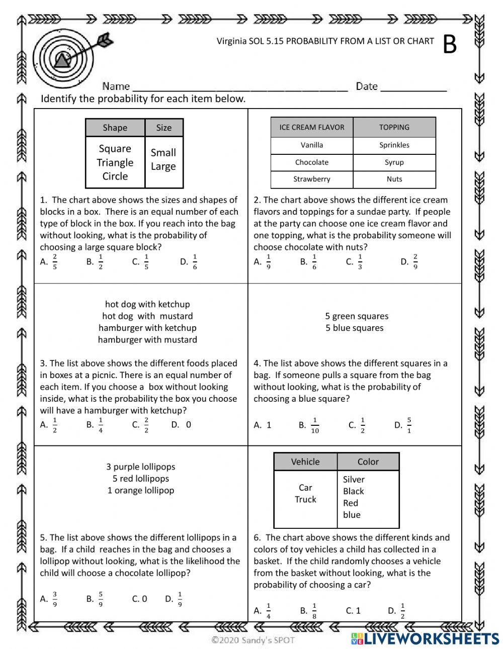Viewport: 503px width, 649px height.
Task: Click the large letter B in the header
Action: coord(450,45)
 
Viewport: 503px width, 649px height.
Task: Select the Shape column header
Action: coord(115,128)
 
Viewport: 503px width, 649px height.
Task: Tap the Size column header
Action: coord(164,128)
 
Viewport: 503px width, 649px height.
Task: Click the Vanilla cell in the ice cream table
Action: coord(312,145)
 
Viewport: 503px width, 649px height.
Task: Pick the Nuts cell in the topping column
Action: coord(394,179)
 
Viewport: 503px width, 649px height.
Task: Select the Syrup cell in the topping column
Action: coord(394,162)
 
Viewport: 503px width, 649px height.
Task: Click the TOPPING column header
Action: coord(394,127)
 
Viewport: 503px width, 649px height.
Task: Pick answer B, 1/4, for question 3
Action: coord(95,425)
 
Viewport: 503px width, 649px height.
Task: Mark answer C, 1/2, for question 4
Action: coord(357,425)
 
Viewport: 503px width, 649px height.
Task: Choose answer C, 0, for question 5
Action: coord(139,599)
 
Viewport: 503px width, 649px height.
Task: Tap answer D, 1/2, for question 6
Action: coord(397,611)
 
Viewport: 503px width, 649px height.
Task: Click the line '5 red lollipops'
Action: coord(141,479)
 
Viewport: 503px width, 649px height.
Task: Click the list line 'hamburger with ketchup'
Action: coord(147,328)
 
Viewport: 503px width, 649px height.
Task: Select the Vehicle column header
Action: coord(305,461)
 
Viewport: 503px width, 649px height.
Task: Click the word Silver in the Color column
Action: coord(354,480)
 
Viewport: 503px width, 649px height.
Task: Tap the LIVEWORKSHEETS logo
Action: coord(425,639)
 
